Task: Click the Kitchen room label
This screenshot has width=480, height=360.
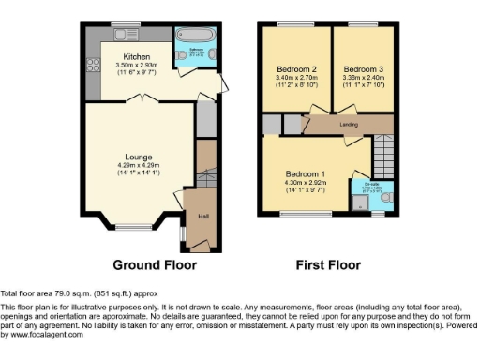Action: [137, 56]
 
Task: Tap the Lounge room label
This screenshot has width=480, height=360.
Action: [139, 157]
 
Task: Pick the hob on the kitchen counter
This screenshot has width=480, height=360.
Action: [94, 66]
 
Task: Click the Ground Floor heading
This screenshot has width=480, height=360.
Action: [155, 265]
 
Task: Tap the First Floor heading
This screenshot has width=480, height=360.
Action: [328, 265]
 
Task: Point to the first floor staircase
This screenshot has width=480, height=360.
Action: [382, 150]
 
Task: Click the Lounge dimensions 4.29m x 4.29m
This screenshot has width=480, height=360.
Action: [139, 165]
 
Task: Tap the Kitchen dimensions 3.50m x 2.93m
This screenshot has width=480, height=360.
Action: [137, 65]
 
